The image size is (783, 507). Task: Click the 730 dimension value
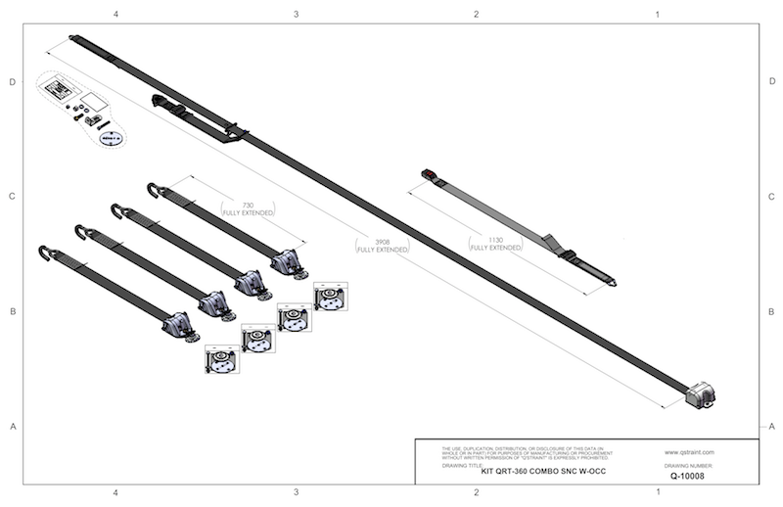247,205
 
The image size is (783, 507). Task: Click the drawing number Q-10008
691,476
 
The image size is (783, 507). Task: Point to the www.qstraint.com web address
690,452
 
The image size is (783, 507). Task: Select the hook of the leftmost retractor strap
44,253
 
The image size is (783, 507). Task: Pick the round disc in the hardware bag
110,139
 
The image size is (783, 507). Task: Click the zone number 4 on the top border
116,15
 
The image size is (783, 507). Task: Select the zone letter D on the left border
12,82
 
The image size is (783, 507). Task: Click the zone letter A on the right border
772,426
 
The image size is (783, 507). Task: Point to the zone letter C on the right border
772,197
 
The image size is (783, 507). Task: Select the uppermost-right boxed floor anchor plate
330,298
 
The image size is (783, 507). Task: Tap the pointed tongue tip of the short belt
613,283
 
